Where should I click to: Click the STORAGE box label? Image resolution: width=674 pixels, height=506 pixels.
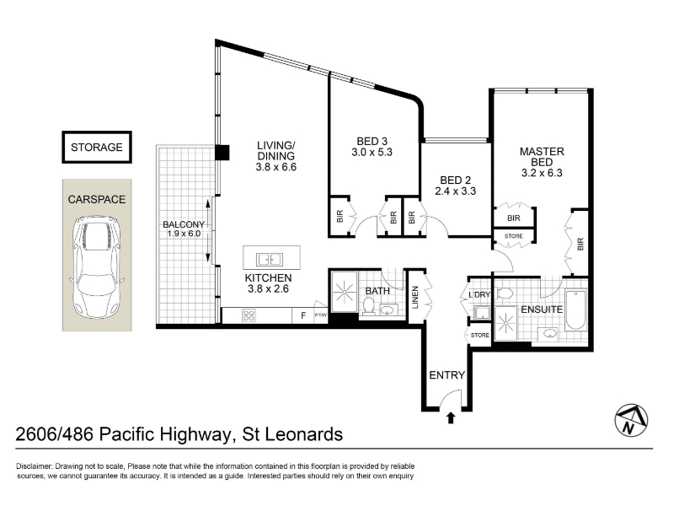pos(97,147)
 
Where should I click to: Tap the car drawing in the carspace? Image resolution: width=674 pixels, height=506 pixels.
pos(97,267)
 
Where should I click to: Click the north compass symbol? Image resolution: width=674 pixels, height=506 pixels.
pos(631,420)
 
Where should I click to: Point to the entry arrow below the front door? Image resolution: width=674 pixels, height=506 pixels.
pos(451,417)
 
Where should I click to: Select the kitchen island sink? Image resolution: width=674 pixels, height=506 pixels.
pos(270,260)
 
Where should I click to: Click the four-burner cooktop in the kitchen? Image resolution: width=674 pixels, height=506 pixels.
pos(249,315)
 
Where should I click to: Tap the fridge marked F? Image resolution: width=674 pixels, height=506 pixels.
pos(303,315)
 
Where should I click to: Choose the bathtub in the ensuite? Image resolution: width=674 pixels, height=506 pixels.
pos(575,310)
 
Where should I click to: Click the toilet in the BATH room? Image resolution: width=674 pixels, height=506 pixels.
pos(368,306)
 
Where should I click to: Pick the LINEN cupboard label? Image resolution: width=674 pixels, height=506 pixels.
pos(415,298)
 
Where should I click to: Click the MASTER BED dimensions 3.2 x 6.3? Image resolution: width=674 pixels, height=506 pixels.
pos(542,173)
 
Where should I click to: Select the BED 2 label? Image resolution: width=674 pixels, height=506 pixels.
pos(455,180)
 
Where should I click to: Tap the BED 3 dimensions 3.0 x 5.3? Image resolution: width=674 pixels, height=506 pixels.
pos(372,152)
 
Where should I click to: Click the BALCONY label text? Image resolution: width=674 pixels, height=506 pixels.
pos(184,224)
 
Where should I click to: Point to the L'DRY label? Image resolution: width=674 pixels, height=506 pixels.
pos(479,294)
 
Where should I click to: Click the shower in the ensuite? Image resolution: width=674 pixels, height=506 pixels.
pos(505,323)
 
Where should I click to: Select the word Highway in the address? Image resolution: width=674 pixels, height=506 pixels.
pos(195,434)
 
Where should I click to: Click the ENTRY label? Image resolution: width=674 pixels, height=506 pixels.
pos(447,375)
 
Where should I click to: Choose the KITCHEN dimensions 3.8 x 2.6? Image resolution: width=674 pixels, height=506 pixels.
pos(268,288)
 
